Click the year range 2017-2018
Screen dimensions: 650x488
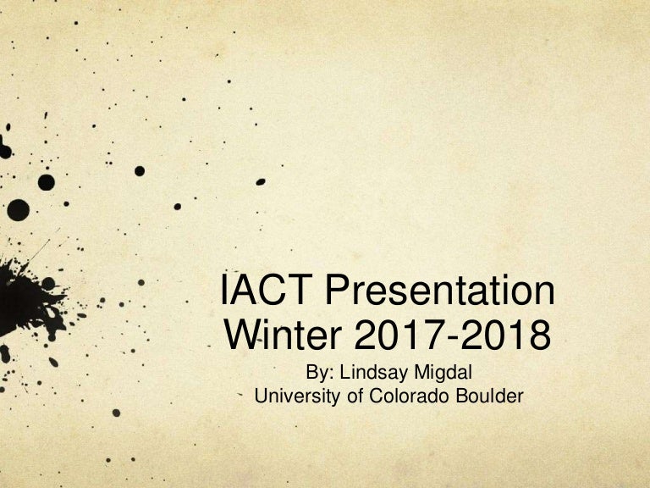pyautogui.click(x=453, y=335)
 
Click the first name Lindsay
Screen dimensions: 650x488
pyautogui.click(x=373, y=372)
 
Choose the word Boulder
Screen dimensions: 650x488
pyautogui.click(x=489, y=396)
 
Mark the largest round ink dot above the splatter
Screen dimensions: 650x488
pyautogui.click(x=19, y=210)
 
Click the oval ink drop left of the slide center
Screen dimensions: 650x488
pyautogui.click(x=261, y=182)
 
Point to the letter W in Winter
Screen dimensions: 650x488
pyautogui.click(x=244, y=335)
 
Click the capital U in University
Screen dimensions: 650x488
pyautogui.click(x=262, y=396)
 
